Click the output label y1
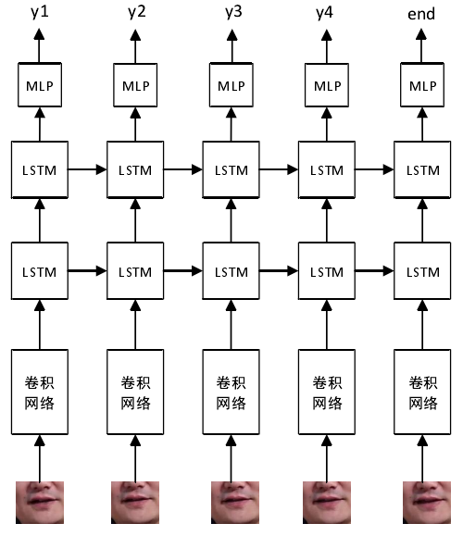39,12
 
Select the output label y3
231,12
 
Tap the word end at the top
421,14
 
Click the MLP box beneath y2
136,85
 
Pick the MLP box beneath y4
327,85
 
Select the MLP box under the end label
422,85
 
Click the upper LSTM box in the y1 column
39,169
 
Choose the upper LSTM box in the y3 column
231,169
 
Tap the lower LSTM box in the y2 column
136,271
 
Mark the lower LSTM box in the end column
422,271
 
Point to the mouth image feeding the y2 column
135,503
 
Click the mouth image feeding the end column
424,503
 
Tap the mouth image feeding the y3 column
232,503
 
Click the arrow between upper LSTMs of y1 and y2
88,169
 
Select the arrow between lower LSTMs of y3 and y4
280,271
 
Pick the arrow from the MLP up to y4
327,46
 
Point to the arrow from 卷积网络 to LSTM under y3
231,324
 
